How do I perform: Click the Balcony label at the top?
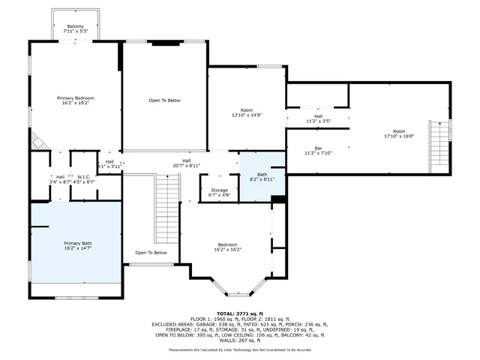[x=75, y=28]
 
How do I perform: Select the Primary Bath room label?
[x=78, y=245]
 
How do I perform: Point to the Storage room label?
[x=219, y=192]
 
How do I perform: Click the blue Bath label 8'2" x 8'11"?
[x=262, y=177]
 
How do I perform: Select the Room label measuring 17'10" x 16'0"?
[x=399, y=133]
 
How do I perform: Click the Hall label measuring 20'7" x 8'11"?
[x=186, y=163]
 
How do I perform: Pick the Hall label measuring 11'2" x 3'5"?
[x=318, y=118]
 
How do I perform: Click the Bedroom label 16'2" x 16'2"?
[x=228, y=247]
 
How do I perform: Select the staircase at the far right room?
[x=438, y=146]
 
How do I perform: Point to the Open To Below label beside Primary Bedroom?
[x=164, y=100]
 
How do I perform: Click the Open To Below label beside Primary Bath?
[x=151, y=253]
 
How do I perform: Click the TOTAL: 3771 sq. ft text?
[x=239, y=313]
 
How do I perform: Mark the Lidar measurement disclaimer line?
[x=239, y=349]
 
